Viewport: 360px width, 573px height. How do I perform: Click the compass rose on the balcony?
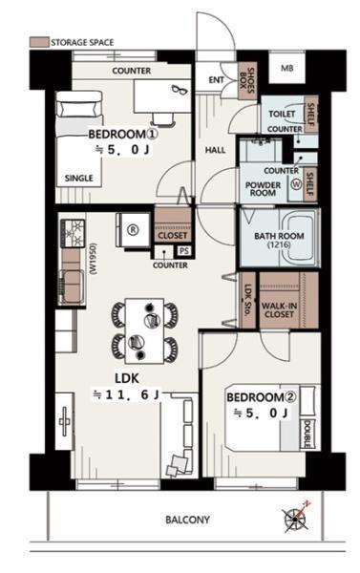(296, 519)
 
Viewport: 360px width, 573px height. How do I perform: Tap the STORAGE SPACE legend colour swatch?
(39, 42)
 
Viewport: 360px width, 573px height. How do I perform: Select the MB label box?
(286, 68)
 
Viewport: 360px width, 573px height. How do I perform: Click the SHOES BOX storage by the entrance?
(247, 80)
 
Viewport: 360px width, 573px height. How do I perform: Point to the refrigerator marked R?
(133, 229)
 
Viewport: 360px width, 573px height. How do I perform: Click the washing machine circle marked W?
(296, 184)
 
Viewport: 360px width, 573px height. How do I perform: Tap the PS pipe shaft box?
(184, 251)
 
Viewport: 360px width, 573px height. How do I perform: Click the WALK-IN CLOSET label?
(279, 310)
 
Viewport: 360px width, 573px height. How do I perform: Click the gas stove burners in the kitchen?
(73, 233)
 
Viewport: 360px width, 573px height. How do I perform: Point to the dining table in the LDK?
(144, 331)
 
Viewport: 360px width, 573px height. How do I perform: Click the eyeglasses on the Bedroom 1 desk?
(180, 89)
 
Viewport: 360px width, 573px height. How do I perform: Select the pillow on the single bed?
(78, 109)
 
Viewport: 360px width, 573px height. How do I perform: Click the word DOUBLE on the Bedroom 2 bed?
(307, 434)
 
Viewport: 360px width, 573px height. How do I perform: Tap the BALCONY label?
(187, 520)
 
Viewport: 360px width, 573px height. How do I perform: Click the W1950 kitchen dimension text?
(93, 259)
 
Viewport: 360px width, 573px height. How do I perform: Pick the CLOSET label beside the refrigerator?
(173, 236)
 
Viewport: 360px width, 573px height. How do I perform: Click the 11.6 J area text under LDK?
(126, 394)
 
